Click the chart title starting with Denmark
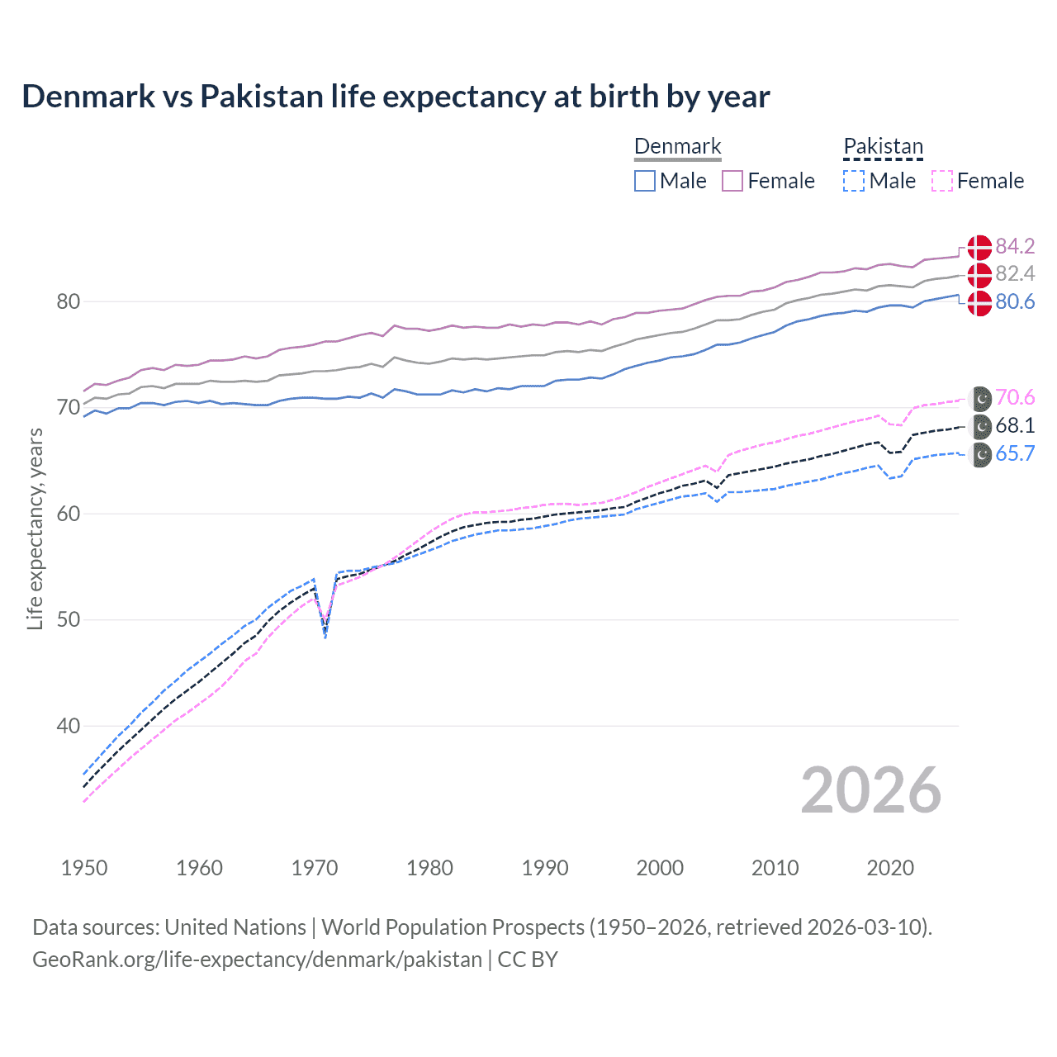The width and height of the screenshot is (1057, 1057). tap(396, 97)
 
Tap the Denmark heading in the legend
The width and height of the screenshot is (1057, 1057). tap(677, 146)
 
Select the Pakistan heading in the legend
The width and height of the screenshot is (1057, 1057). tap(883, 146)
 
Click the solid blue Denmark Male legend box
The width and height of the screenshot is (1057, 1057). tap(645, 181)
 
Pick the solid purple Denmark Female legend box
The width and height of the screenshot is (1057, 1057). tap(732, 181)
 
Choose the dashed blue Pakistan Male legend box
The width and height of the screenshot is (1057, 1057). tap(854, 181)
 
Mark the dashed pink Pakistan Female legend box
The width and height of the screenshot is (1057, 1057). tap(941, 181)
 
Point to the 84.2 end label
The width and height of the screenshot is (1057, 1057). tap(1015, 246)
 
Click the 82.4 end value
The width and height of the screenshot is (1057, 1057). tap(1015, 273)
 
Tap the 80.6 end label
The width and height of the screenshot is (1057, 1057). tap(1015, 301)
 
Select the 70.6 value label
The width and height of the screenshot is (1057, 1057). tap(1015, 397)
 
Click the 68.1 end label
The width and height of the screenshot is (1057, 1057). tap(1015, 425)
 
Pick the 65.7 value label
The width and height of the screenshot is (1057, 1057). tap(1015, 453)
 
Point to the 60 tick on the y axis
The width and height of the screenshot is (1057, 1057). tap(69, 514)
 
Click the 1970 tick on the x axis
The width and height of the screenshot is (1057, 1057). tap(315, 868)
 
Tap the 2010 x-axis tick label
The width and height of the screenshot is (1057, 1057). tap(775, 868)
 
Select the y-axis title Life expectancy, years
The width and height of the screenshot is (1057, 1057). tap(35, 528)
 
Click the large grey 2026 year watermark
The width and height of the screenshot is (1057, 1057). tap(870, 790)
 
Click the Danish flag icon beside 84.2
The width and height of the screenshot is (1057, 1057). tap(979, 247)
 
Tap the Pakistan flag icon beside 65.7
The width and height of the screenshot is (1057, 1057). tap(980, 454)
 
